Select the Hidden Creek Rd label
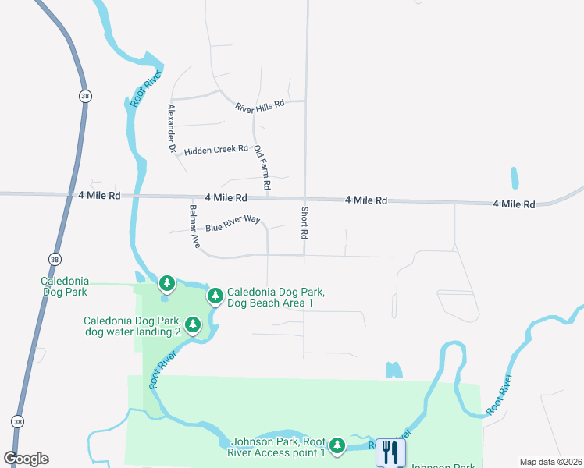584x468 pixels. click(215, 149)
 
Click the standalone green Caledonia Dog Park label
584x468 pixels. click(65, 286)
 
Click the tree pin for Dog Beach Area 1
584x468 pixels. click(215, 296)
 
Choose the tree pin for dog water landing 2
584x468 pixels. click(193, 324)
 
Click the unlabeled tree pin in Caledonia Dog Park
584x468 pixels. click(166, 282)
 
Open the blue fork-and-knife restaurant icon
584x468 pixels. click(390, 452)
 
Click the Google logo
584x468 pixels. click(27, 459)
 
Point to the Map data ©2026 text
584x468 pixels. click(550, 462)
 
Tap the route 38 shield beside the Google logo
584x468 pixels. click(17, 421)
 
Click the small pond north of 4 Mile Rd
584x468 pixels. click(515, 178)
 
